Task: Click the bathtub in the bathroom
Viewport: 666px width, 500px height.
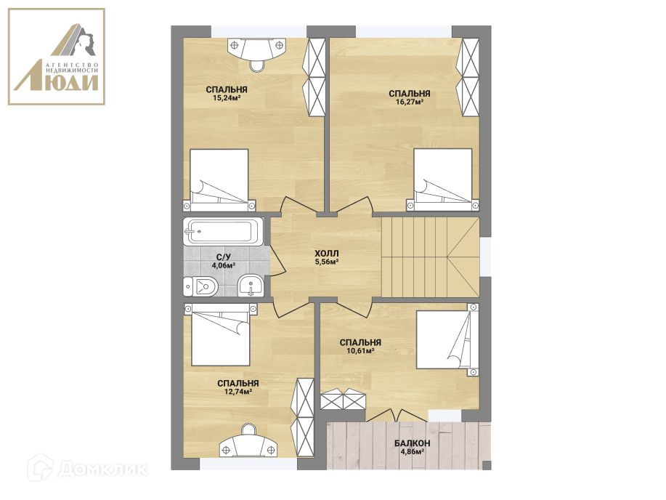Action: (x=224, y=232)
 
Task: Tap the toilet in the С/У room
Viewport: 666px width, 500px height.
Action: (x=200, y=286)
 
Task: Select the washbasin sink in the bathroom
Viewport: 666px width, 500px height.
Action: (x=251, y=286)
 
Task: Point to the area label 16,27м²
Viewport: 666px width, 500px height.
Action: (x=410, y=102)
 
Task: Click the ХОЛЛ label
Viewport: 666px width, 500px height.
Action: (x=327, y=254)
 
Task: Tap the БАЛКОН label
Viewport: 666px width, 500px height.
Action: (x=412, y=443)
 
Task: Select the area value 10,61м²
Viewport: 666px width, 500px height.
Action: (x=360, y=351)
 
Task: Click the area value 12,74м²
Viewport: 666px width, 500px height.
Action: (x=238, y=392)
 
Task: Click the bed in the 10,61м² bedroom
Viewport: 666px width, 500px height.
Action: (x=447, y=339)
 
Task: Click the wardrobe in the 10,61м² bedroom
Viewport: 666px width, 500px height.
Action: (x=343, y=399)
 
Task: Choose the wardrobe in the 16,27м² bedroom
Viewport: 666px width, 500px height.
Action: (x=470, y=77)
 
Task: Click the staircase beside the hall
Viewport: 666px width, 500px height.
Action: (x=430, y=257)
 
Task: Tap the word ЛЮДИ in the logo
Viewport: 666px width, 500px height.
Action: (x=57, y=83)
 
